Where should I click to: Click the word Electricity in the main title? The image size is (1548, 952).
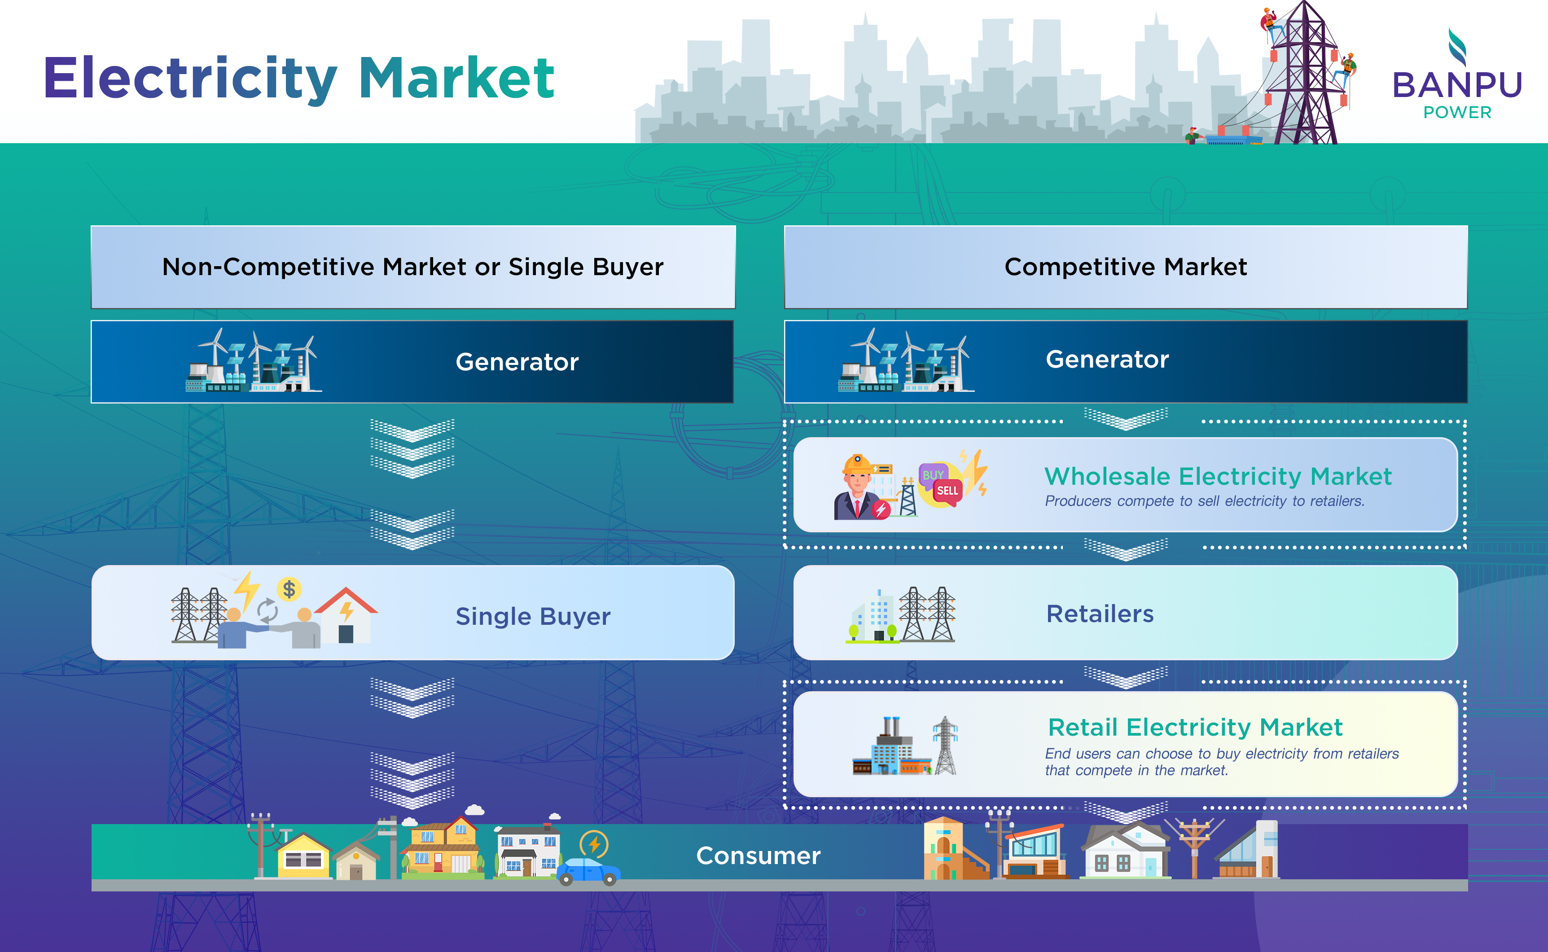pos(191,79)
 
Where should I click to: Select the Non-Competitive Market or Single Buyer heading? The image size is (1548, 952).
pos(413,267)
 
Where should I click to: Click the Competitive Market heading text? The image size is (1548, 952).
pos(1126,267)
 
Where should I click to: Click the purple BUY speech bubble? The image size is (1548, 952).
pos(933,474)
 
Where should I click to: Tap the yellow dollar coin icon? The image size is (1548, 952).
pos(289,589)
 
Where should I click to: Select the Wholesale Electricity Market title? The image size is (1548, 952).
pos(1218,477)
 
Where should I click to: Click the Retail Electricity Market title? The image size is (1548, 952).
pos(1195,727)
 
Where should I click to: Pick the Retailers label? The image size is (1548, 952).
pos(1100,614)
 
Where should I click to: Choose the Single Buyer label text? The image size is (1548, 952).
pos(533,616)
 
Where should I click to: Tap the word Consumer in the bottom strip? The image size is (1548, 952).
pos(758,855)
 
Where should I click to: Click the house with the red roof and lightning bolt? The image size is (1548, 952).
pos(346,615)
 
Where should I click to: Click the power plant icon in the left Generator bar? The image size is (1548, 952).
pos(253,360)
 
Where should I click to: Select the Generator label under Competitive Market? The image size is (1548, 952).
pos(1107,360)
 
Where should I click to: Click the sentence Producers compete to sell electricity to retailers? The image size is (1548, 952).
pos(1204,501)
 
